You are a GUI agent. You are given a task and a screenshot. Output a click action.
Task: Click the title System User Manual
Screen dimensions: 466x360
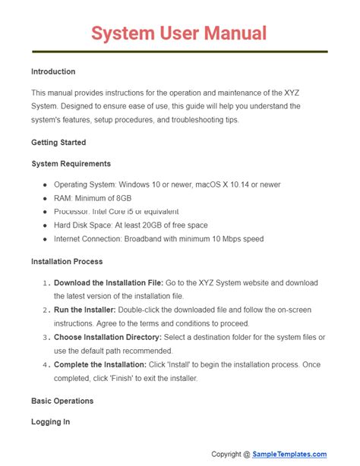(179, 33)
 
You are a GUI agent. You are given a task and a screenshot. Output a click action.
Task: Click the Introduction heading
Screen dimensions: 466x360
(53, 71)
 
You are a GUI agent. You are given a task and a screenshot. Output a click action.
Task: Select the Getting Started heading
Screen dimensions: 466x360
(58, 142)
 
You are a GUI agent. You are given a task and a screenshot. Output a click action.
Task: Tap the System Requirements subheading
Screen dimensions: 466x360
(71, 163)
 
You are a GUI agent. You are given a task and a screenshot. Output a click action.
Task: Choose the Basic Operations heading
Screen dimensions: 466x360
(62, 400)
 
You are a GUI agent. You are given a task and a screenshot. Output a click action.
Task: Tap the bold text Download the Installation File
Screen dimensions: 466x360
(109, 282)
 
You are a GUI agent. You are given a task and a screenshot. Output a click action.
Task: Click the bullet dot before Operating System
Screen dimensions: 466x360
(46, 184)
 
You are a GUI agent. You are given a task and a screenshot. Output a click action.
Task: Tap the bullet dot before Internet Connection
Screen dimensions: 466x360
(46, 239)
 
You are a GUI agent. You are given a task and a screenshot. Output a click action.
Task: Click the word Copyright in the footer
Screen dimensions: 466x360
(231, 454)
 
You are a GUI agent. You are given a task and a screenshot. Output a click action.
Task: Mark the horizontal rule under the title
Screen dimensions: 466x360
(179, 52)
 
